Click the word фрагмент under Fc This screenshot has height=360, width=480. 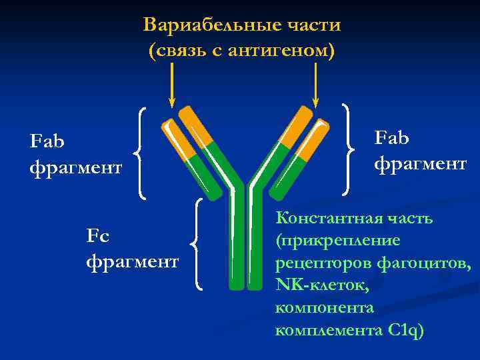point(133,261)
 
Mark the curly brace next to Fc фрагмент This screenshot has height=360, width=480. point(197,244)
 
